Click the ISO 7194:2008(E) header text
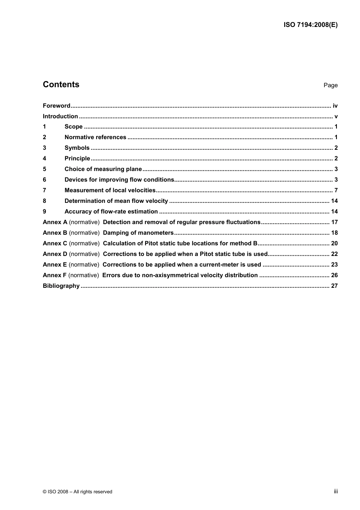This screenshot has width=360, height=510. (310, 25)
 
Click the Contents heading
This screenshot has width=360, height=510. (61, 85)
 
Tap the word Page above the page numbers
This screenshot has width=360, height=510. (330, 85)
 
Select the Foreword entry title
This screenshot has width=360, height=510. (56, 106)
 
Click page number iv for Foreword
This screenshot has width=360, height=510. (335, 106)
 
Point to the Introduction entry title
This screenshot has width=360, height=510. (60, 116)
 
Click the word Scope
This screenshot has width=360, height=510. (74, 127)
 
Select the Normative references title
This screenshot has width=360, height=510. (95, 137)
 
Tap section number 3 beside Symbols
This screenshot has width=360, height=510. (44, 148)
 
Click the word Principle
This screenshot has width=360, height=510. (77, 158)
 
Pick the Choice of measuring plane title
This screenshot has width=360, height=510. (103, 169)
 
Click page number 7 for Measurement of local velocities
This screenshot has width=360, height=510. (336, 190)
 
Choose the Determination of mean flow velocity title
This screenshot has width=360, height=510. (116, 201)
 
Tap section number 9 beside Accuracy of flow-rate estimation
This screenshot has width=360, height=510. (44, 212)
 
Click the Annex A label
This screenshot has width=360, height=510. (55, 222)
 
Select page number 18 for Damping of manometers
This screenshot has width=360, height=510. (334, 233)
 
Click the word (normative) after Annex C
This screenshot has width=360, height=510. (84, 243)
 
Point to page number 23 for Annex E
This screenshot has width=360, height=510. (334, 265)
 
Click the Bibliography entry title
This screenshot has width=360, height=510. (61, 286)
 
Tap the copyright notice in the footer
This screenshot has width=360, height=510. (77, 492)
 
